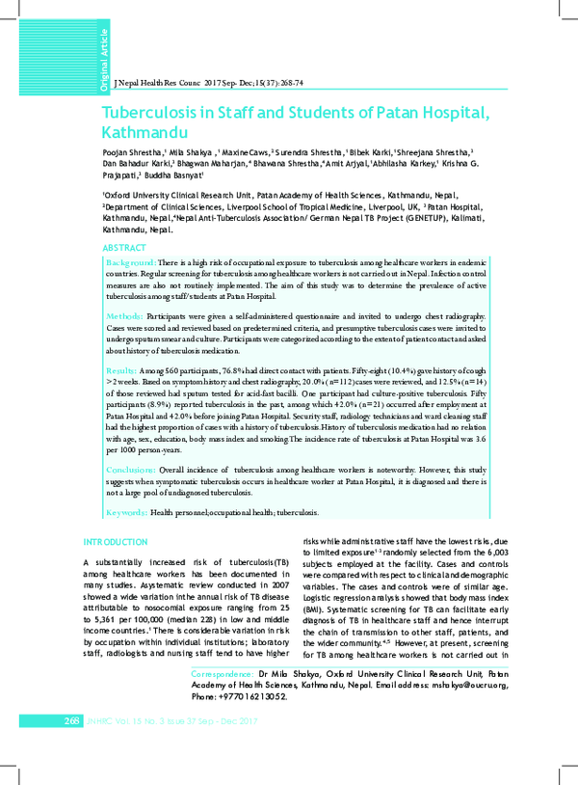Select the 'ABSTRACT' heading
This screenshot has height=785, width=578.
pyautogui.click(x=123, y=249)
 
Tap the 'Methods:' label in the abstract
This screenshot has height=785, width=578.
pyautogui.click(x=124, y=316)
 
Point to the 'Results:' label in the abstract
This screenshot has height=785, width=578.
pyautogui.click(x=122, y=370)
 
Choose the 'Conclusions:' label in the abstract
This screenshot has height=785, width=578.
pyautogui.click(x=130, y=470)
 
